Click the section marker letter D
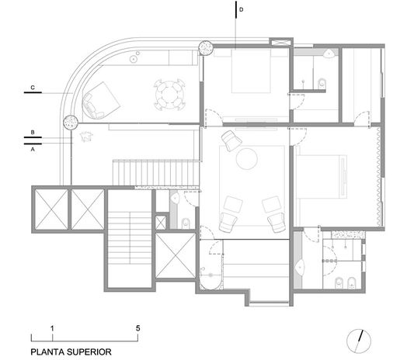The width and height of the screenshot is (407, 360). [241, 9]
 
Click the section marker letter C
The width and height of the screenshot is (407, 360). [33, 88]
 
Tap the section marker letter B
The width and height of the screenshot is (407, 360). [33, 132]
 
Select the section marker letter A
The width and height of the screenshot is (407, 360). [33, 150]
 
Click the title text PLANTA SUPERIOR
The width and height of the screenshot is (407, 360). [71, 352]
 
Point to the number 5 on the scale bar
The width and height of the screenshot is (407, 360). [137, 328]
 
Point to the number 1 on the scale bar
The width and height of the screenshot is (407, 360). [52, 329]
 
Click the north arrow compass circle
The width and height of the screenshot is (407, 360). [359, 341]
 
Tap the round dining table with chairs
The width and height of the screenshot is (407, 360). [169, 95]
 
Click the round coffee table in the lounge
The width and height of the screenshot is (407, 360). [247, 158]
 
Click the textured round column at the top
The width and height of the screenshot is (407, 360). [206, 48]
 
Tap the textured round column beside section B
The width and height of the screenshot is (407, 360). [71, 122]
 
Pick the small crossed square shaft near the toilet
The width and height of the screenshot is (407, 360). [161, 223]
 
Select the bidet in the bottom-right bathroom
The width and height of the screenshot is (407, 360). [352, 283]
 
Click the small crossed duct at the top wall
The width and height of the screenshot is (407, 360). [281, 42]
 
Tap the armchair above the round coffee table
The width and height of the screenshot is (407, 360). [231, 140]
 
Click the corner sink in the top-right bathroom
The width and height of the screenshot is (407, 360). [329, 54]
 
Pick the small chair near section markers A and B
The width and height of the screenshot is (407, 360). [86, 137]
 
